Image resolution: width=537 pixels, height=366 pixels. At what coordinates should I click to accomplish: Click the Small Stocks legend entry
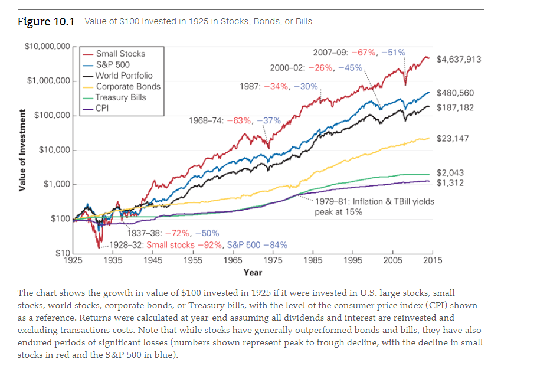click(120, 53)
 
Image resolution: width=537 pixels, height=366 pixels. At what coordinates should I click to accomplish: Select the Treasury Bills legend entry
click(120, 97)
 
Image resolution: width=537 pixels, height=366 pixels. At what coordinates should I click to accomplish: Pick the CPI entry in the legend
click(103, 108)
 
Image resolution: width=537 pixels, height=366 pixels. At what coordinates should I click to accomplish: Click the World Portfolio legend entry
click(124, 75)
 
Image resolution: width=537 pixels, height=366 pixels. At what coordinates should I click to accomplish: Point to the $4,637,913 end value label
click(459, 59)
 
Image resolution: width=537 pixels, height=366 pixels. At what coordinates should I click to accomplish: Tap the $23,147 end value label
click(453, 139)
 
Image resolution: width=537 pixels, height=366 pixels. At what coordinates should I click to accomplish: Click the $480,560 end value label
click(455, 93)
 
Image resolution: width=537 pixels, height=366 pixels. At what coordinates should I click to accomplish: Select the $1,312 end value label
click(450, 183)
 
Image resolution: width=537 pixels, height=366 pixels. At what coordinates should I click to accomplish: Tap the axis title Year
click(253, 272)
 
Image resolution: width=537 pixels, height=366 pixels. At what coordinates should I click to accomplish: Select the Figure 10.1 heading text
click(47, 22)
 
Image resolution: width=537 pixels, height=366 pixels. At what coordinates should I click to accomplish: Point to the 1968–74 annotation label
click(234, 120)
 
